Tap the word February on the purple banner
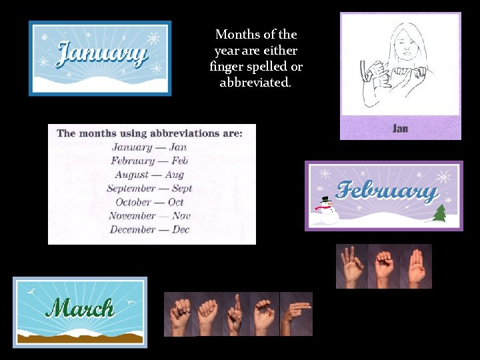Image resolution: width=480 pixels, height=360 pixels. [x=386, y=191]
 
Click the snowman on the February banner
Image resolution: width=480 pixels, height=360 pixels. [x=325, y=209]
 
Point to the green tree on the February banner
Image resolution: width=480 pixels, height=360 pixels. [x=439, y=213]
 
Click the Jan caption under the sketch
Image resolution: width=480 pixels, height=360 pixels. [x=400, y=128]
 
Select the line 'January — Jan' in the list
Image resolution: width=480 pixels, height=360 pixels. [x=149, y=147]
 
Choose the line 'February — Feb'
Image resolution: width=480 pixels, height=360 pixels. [x=149, y=161]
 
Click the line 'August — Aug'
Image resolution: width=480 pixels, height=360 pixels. [x=149, y=175]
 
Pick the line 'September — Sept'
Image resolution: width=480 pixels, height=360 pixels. [x=149, y=189]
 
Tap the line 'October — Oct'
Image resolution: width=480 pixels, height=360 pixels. [x=149, y=202]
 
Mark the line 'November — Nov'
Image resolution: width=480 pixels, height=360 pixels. [x=149, y=216]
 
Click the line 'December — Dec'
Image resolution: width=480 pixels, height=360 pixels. [x=149, y=230]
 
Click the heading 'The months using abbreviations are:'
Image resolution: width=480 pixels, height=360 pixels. [x=149, y=133]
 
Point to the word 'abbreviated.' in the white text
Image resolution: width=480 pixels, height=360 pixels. [x=255, y=83]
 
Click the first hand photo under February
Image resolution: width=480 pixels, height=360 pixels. [x=351, y=266]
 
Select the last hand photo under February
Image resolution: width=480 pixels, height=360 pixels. [x=417, y=266]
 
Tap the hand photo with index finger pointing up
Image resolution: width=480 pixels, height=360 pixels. [x=235, y=314]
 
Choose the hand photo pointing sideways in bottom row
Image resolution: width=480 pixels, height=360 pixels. [x=296, y=314]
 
